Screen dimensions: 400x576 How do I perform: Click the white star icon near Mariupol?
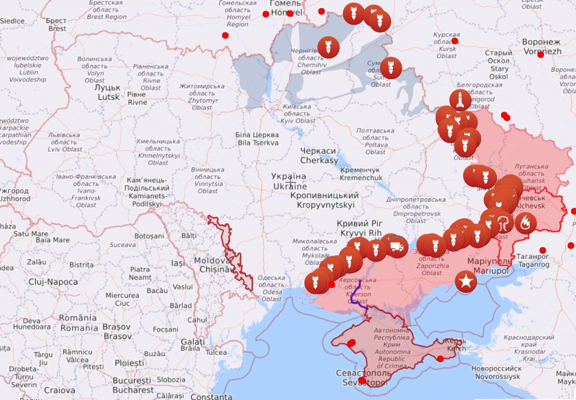(467, 282)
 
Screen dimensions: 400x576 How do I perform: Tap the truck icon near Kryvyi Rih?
(395, 247)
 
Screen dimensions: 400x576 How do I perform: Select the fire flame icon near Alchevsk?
(525, 223)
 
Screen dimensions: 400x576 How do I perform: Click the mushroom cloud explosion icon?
(502, 223)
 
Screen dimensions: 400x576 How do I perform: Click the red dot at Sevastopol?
(362, 380)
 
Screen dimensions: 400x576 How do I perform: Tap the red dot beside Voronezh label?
(540, 54)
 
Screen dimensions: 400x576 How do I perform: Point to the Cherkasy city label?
(319, 155)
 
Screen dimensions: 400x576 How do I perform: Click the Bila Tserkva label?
(257, 138)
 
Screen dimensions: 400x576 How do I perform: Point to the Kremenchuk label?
(360, 174)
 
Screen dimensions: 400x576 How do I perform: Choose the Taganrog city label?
(533, 260)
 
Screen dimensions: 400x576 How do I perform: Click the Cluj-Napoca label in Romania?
(53, 282)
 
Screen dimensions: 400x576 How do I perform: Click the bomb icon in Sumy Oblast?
(391, 68)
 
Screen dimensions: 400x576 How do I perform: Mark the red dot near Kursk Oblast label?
(455, 41)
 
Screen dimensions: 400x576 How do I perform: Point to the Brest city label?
(57, 25)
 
